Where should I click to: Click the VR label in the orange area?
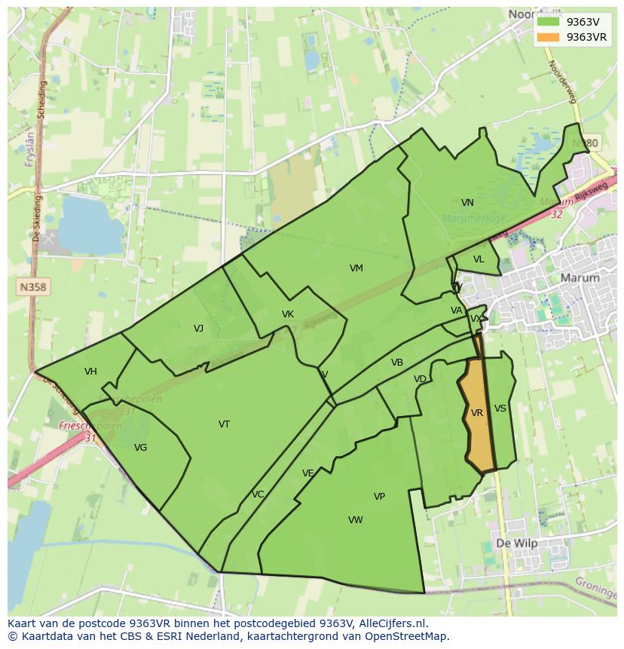[x=476, y=413]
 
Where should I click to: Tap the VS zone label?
[x=500, y=409]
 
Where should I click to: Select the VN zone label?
[x=467, y=203]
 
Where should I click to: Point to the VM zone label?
[x=356, y=268]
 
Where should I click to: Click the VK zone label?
[x=287, y=314]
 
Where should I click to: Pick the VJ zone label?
[x=198, y=328]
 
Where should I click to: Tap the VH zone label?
[x=90, y=372]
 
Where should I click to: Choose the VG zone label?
[x=140, y=448]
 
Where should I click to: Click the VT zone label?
[x=224, y=424]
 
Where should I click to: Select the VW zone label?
[x=356, y=520]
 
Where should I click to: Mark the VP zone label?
[x=379, y=497]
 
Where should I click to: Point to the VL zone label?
[x=479, y=259]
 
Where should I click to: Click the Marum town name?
[x=580, y=277]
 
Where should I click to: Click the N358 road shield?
[x=32, y=287]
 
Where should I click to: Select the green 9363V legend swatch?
[x=549, y=22]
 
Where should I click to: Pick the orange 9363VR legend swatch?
[x=549, y=37]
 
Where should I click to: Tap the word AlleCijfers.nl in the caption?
[x=392, y=623]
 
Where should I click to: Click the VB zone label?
[x=397, y=363]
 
